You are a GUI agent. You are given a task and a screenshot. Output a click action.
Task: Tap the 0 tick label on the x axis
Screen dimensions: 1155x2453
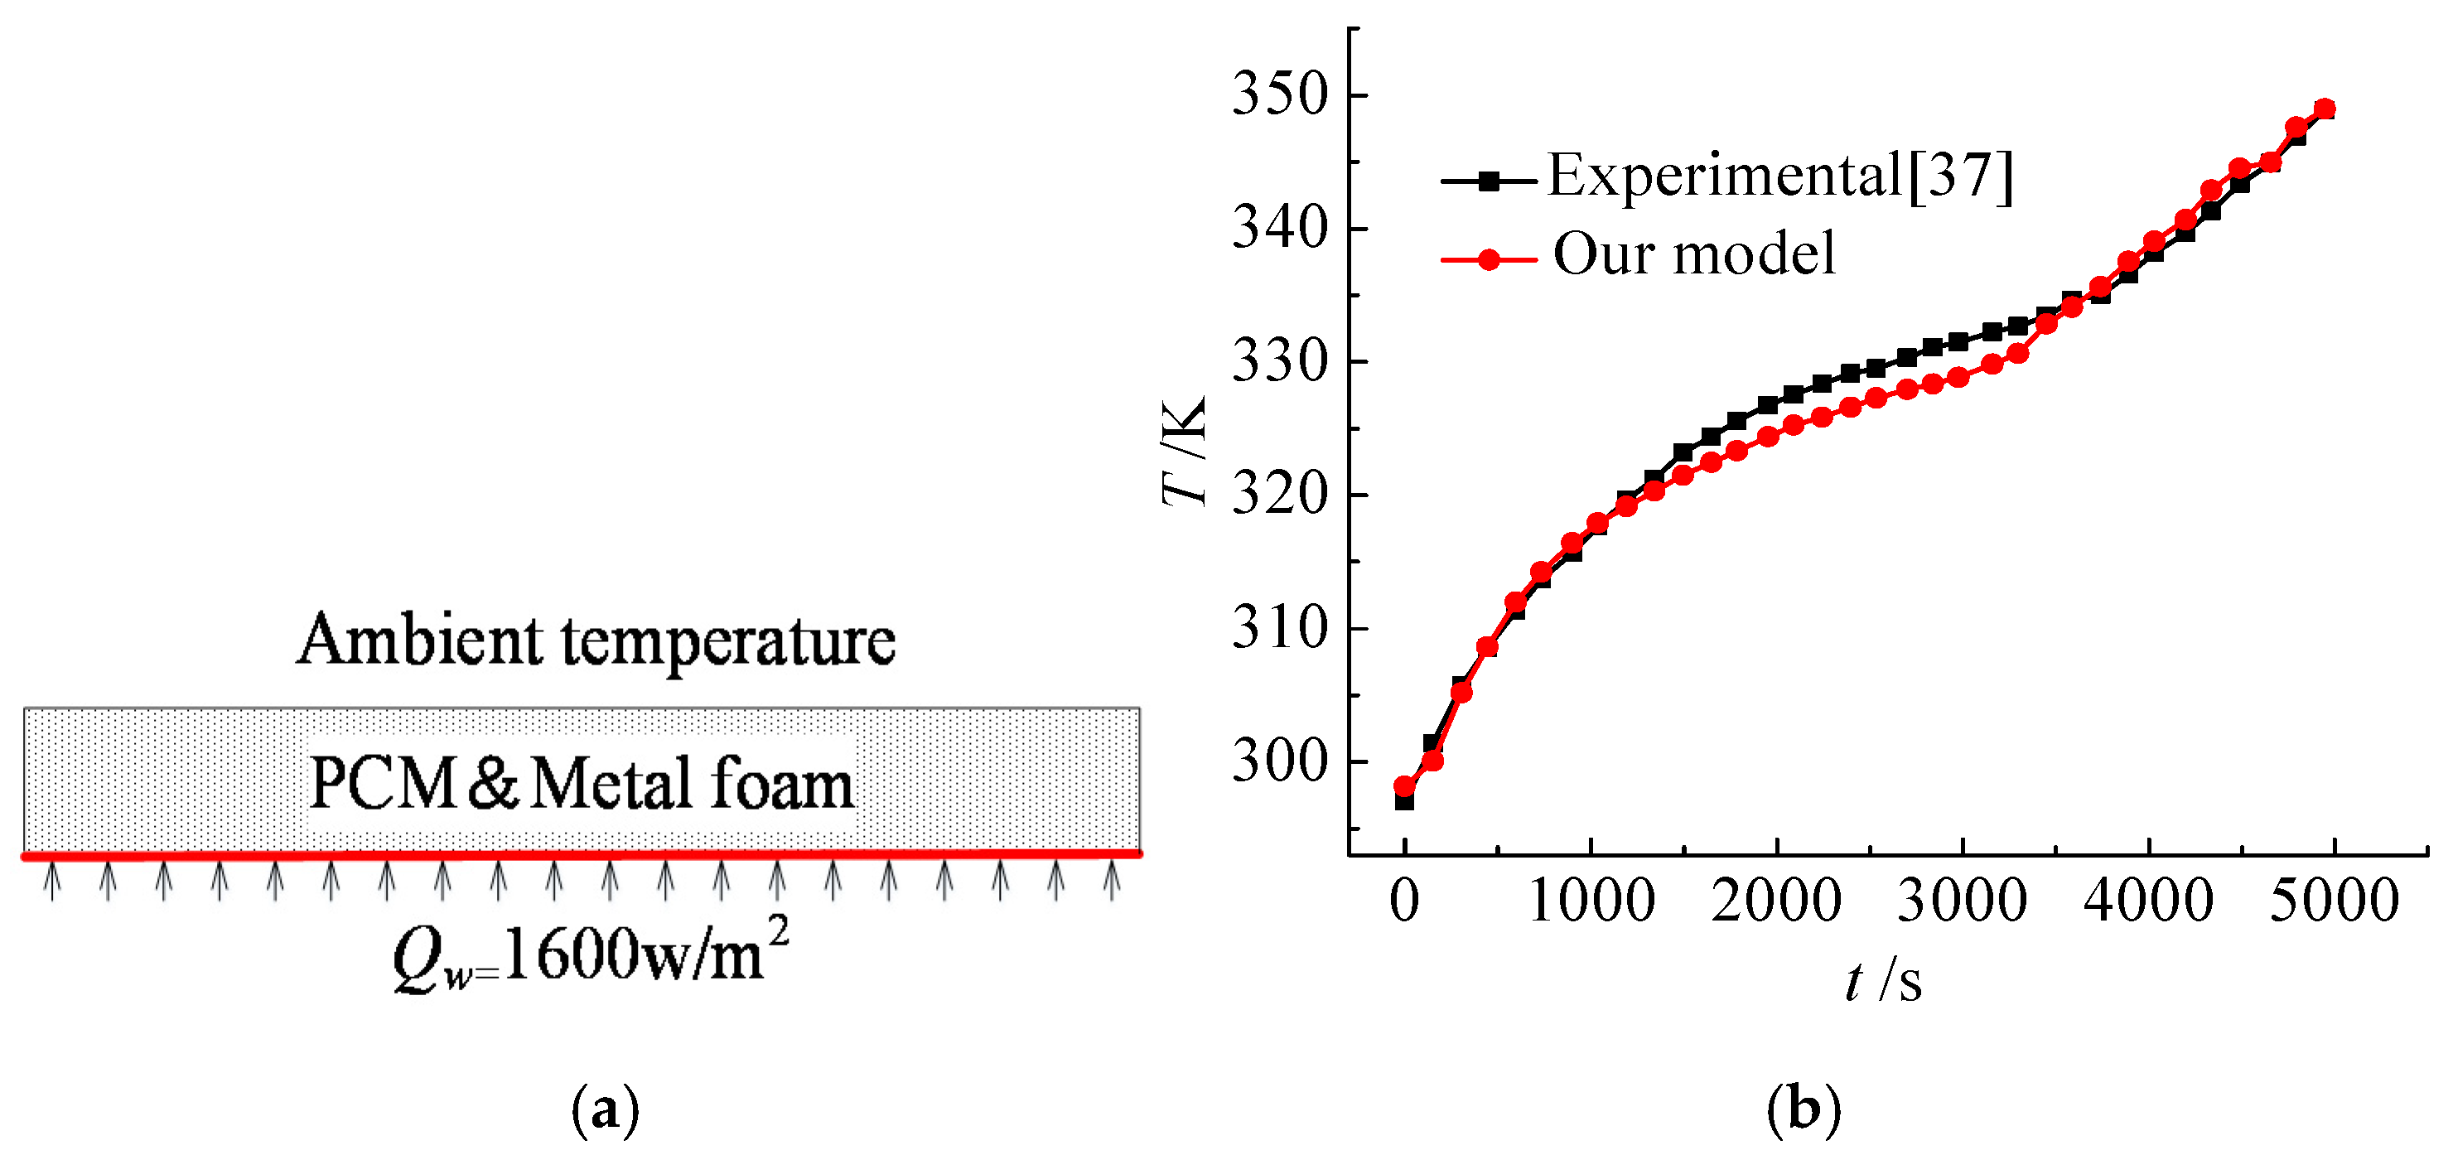pyautogui.click(x=1403, y=901)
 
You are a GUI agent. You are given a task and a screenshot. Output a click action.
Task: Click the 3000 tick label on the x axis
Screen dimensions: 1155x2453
pyautogui.click(x=1962, y=901)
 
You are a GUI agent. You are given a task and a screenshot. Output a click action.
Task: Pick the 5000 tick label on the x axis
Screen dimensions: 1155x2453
pyautogui.click(x=2334, y=901)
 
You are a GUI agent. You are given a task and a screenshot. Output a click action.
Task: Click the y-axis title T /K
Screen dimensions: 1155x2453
pyautogui.click(x=1185, y=452)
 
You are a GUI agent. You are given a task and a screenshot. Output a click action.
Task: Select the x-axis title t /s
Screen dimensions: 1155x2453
pyautogui.click(x=1882, y=981)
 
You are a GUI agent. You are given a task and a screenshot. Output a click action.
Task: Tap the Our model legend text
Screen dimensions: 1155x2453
pyautogui.click(x=1693, y=254)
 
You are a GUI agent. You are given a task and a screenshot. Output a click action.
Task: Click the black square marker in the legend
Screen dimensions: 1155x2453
pyautogui.click(x=1490, y=180)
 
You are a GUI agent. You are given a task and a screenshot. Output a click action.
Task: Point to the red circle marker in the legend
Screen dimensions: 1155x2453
pyautogui.click(x=1490, y=259)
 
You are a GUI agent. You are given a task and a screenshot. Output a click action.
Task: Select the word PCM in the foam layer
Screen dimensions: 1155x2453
pyautogui.click(x=383, y=785)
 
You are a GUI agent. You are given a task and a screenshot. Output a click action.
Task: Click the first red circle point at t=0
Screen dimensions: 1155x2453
pyautogui.click(x=1404, y=785)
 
